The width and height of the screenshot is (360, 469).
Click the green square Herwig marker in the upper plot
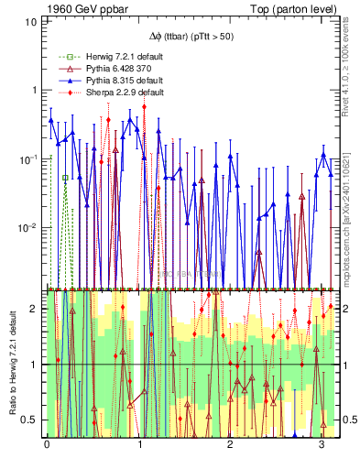(x=65, y=178)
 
